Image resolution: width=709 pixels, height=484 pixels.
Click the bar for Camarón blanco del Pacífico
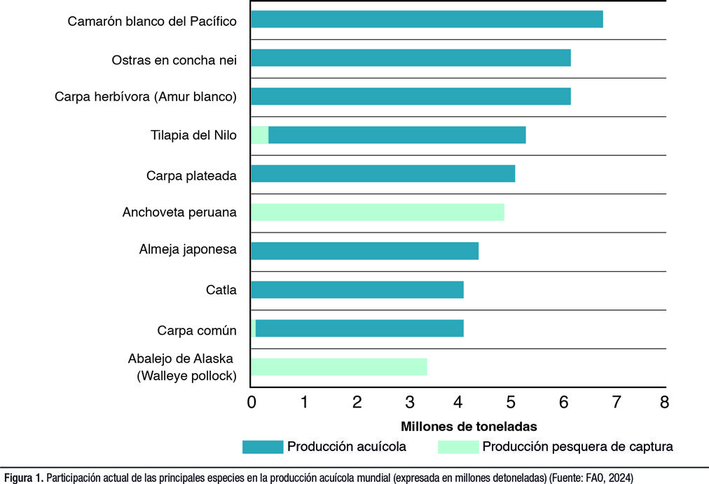(427, 20)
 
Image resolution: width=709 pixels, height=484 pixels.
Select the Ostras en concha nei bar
(411, 58)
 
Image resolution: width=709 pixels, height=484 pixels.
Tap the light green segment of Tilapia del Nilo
(260, 135)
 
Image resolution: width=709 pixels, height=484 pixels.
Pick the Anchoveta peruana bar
(378, 212)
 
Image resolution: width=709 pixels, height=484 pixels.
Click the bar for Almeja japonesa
(364, 251)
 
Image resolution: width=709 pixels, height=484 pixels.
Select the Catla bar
(357, 289)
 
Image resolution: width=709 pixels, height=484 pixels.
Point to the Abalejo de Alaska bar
(339, 366)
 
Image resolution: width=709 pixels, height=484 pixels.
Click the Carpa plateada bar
(383, 174)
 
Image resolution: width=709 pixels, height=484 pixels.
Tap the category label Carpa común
(197, 331)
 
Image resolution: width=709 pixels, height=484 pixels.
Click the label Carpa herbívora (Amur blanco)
(146, 97)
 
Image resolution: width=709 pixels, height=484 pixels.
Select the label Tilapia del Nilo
(193, 136)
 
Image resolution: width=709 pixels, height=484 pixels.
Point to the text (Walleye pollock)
(187, 376)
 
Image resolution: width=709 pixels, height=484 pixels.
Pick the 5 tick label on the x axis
(511, 403)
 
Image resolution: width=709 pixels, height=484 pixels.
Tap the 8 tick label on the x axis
(664, 403)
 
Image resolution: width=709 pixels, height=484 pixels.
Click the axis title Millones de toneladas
(469, 426)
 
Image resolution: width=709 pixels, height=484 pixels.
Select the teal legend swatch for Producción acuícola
(262, 446)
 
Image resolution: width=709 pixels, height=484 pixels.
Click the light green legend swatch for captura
(457, 446)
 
